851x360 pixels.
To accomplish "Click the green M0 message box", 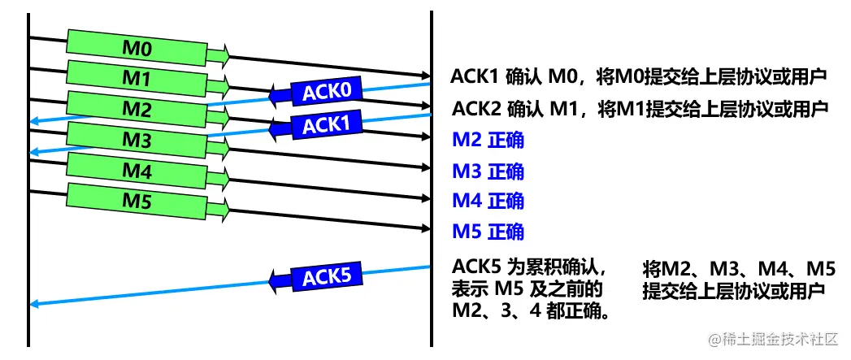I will pyautogui.click(x=137, y=47).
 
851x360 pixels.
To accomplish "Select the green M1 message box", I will pyautogui.click(x=137, y=77).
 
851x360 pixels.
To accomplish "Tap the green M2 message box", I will pyautogui.click(x=137, y=108).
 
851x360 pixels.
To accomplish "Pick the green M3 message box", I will pyautogui.click(x=137, y=139).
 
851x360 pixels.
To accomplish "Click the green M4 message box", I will pyautogui.click(x=137, y=171).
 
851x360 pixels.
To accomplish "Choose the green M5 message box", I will pyautogui.click(x=137, y=201).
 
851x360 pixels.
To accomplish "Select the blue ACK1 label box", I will pyautogui.click(x=325, y=125).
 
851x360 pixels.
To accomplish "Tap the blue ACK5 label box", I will pyautogui.click(x=326, y=276).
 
